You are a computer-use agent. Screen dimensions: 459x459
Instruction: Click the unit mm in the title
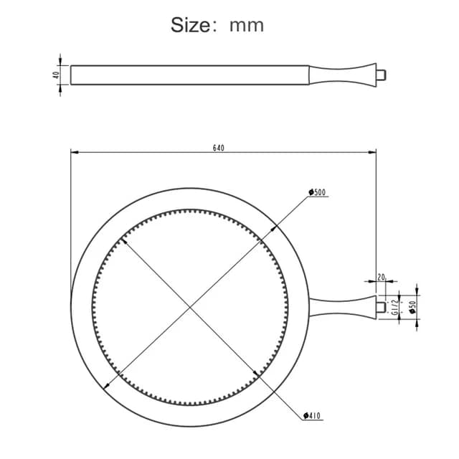[x=247, y=26]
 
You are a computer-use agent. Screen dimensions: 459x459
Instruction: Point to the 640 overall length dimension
[x=218, y=148]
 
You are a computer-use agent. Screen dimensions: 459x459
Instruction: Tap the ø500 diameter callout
[x=317, y=192]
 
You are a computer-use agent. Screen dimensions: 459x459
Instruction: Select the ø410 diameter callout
[x=312, y=415]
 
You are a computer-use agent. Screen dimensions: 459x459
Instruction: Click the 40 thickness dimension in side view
[x=56, y=75]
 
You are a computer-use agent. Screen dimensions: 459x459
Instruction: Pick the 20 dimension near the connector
[x=381, y=277]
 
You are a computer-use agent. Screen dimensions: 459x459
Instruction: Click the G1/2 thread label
[x=395, y=307]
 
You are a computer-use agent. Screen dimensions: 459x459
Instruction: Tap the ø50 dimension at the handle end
[x=412, y=307]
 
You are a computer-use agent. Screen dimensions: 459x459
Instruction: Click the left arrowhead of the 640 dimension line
[x=75, y=152]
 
